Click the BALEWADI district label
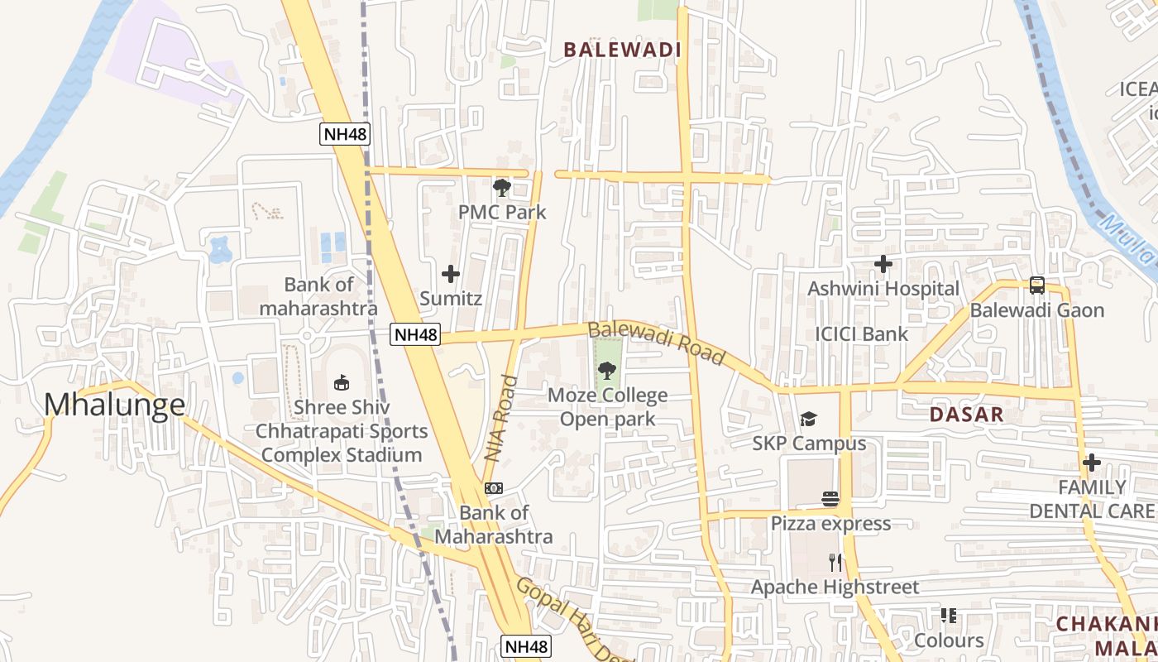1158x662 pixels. click(622, 50)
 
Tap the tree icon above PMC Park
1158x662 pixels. click(501, 188)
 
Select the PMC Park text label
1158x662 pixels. click(502, 212)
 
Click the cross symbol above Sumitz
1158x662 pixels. click(451, 273)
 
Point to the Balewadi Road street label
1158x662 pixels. click(656, 344)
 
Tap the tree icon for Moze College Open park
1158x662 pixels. click(607, 371)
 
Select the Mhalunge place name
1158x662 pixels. click(114, 405)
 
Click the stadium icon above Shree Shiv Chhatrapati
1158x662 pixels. click(341, 382)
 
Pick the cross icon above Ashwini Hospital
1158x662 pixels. click(883, 265)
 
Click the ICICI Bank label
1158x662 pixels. click(861, 334)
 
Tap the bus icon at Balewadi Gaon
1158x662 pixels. click(1037, 285)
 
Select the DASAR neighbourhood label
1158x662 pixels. click(965, 415)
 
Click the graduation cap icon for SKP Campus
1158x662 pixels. click(808, 420)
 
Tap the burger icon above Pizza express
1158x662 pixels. click(830, 498)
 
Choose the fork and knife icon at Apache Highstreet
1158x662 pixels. click(835, 563)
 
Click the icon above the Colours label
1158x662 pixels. click(949, 616)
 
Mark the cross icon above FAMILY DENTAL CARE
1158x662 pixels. click(1092, 462)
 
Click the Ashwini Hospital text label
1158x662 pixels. click(883, 289)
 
